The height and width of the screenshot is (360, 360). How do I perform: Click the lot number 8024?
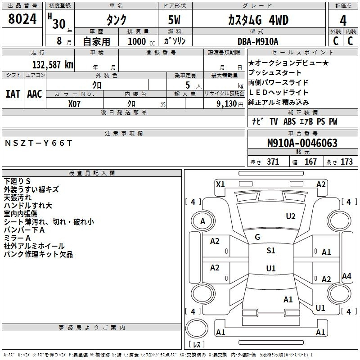pos(22,19)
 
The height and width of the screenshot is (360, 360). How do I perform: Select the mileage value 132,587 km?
pos(53,65)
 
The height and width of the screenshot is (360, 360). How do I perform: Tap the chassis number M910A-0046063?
pos(302,143)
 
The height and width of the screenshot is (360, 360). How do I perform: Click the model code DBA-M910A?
pos(258,41)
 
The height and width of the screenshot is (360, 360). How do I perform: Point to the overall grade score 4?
pos(343,21)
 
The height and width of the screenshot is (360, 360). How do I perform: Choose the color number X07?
pos(74,104)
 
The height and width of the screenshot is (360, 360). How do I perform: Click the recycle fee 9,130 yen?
pos(230,104)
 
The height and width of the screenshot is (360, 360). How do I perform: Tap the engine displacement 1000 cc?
pos(141,41)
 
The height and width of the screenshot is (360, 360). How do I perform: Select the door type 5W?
pos(174,20)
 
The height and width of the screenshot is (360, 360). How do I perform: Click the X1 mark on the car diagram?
pos(220,184)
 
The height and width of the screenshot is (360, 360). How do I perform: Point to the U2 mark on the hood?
pos(290,216)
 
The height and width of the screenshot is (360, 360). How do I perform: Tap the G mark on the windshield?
pos(257,237)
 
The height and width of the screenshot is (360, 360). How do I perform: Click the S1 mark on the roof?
pos(271,251)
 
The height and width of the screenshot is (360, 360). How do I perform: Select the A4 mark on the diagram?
pos(346,276)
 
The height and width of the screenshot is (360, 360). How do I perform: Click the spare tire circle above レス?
pos(197,328)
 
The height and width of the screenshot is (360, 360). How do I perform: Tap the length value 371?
pos(273,162)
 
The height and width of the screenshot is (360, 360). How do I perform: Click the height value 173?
pos(346,162)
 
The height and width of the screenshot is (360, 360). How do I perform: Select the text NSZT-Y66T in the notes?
pos(38,143)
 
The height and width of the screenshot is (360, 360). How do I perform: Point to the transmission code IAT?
pos(13,94)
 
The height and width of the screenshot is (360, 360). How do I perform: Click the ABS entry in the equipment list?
pos(289,121)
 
